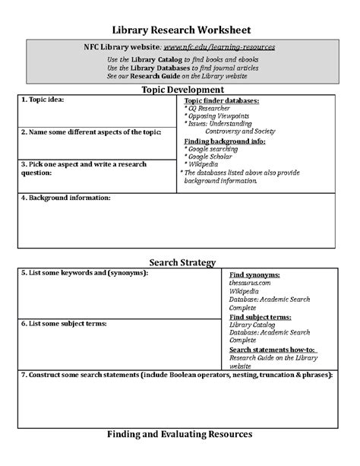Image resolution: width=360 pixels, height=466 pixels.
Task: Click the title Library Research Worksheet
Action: point(180,28)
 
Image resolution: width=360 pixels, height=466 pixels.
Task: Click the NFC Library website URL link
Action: point(219,46)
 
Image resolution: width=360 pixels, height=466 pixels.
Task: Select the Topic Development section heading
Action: point(180,90)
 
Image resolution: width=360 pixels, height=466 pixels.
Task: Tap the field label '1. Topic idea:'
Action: point(43,100)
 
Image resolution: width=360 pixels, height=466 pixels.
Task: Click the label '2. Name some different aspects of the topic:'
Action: point(91,132)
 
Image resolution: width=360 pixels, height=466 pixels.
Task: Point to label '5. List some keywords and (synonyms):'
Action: point(84,271)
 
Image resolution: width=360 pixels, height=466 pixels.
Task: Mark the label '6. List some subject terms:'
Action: point(63,323)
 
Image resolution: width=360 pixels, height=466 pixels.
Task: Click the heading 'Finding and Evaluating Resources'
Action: point(180,434)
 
